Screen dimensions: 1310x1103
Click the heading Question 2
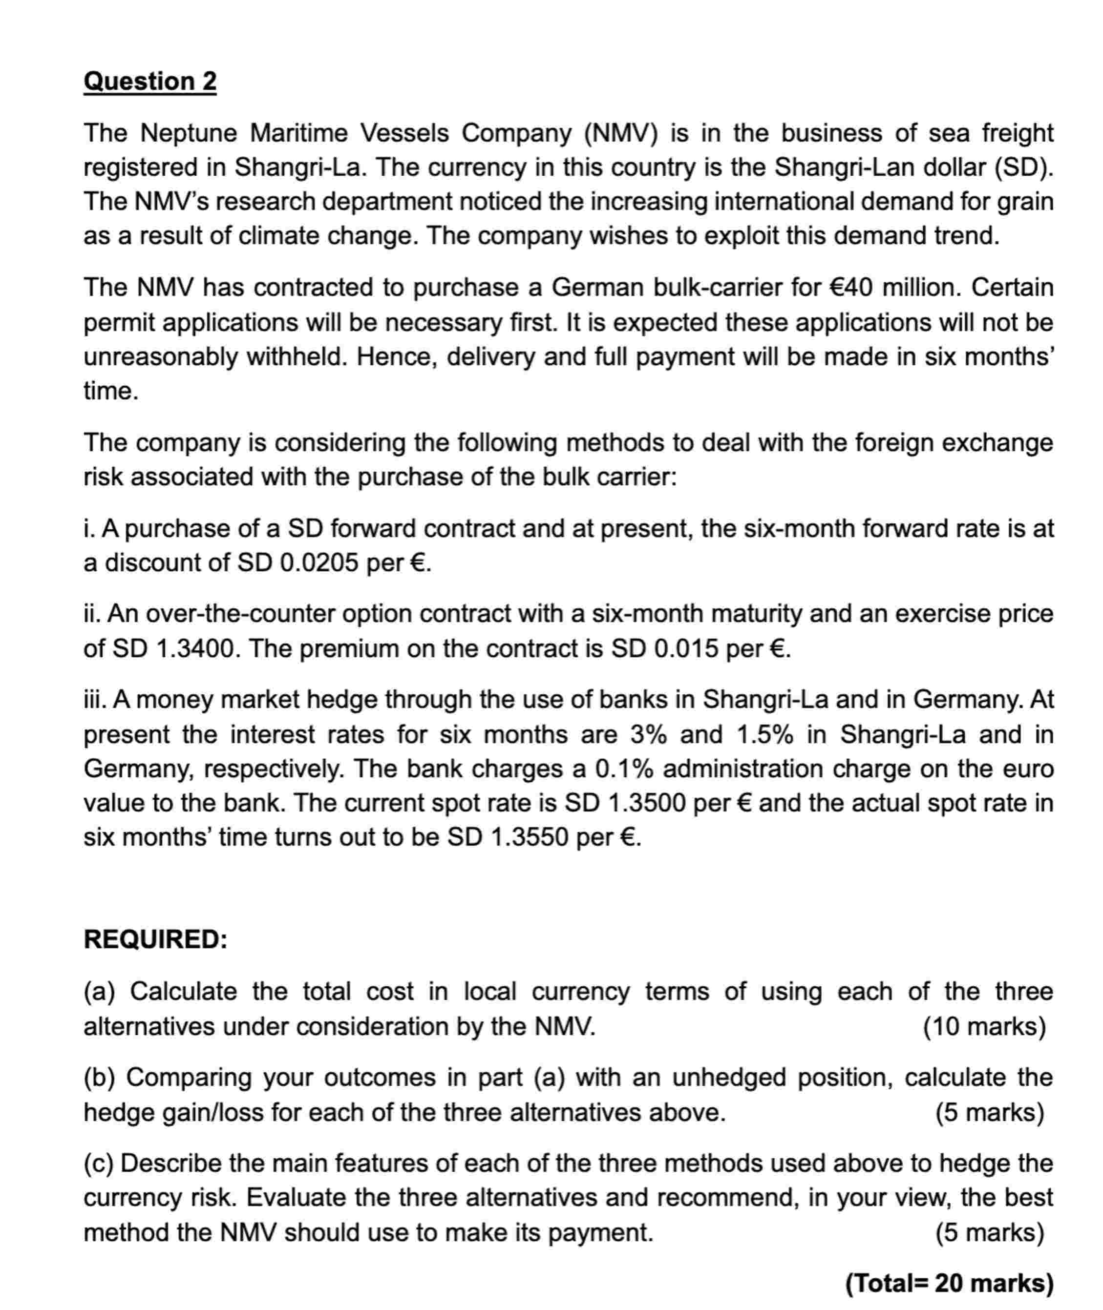(x=150, y=82)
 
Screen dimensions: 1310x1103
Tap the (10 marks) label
(x=984, y=1027)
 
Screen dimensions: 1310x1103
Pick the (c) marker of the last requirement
(x=99, y=1164)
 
